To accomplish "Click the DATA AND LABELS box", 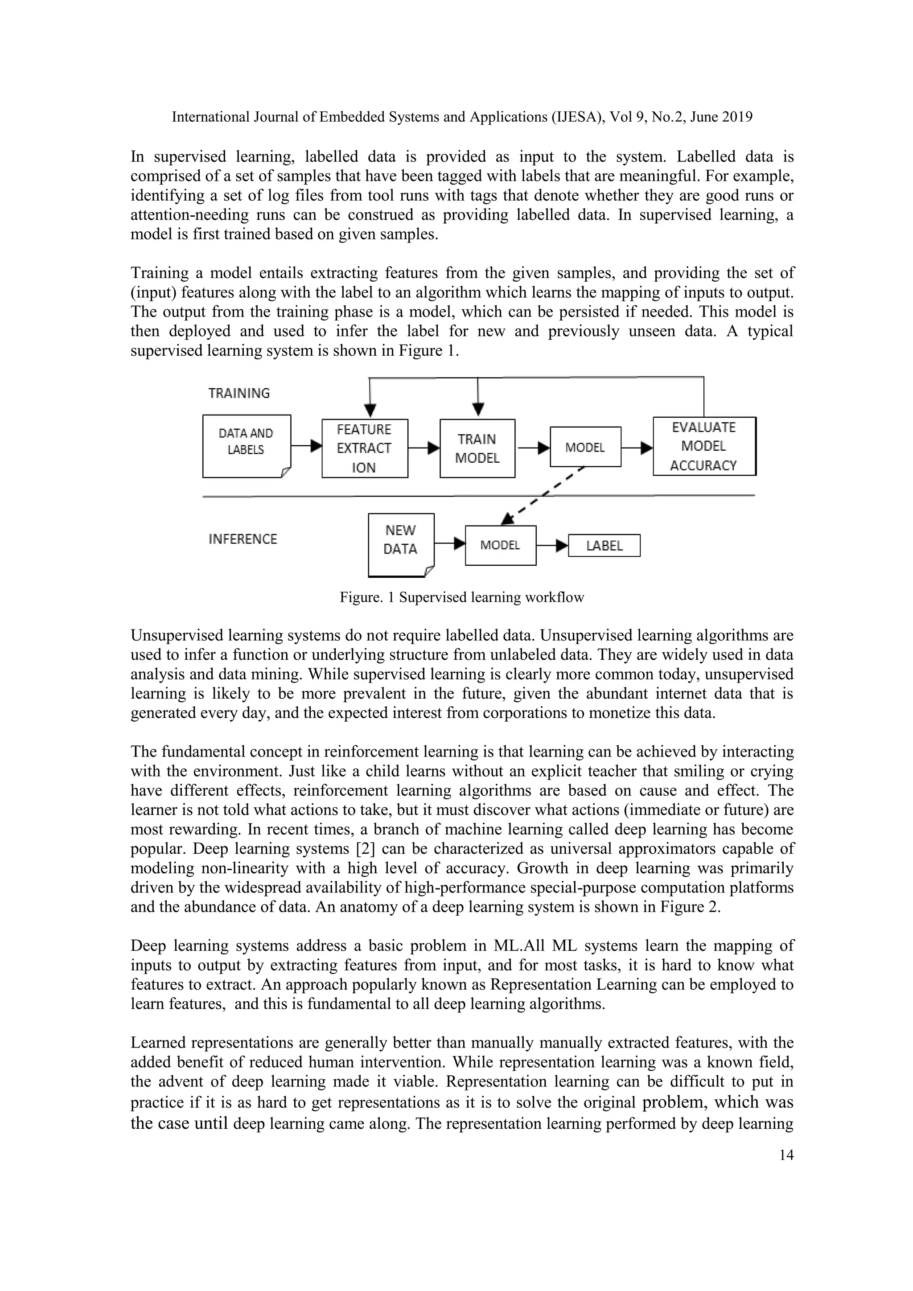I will pyautogui.click(x=246, y=445).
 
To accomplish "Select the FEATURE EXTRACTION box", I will pyautogui.click(x=364, y=448).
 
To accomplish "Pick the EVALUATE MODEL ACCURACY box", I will pyautogui.click(x=704, y=446).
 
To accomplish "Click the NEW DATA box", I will pyautogui.click(x=400, y=544).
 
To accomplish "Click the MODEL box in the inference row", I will pyautogui.click(x=500, y=545).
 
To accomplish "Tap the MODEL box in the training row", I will pyautogui.click(x=585, y=447).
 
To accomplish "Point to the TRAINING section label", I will pyautogui.click(x=239, y=393).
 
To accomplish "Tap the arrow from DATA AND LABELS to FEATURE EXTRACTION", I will pyautogui.click(x=306, y=446).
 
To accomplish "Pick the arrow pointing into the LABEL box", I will pyautogui.click(x=552, y=545).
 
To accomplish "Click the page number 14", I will pyautogui.click(x=786, y=1155).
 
